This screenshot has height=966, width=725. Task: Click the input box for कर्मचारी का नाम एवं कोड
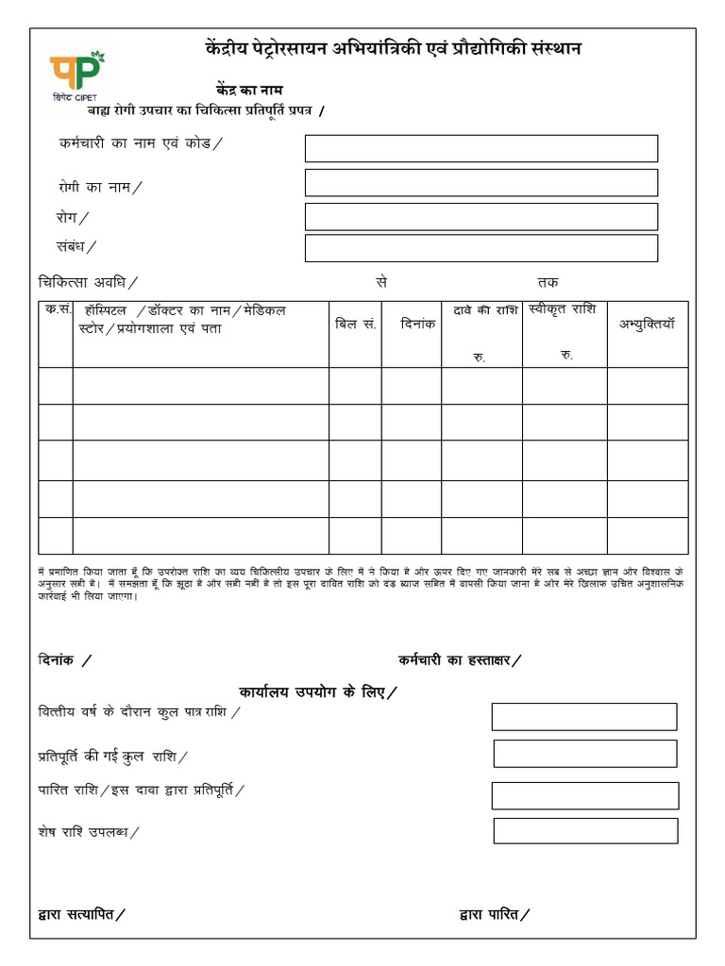pos(481,148)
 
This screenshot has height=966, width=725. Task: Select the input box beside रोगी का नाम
pos(481,182)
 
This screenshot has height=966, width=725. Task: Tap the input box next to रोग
pos(481,216)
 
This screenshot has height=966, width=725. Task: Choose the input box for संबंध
pos(481,248)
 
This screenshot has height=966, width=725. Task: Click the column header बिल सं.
pos(355,324)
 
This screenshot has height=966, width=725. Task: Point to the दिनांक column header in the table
pos(411,324)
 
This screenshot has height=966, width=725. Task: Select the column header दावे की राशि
pos(481,310)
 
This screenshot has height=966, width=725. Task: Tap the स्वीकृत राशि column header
pos(564,309)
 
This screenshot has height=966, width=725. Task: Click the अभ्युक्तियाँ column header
pos(647,324)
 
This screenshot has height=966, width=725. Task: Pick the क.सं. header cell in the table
pos(56,310)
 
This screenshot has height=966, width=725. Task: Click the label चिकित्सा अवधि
pos(86,281)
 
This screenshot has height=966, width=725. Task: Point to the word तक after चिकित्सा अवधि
pos(547,281)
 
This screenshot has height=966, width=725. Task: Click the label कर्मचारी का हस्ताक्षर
pos(459,660)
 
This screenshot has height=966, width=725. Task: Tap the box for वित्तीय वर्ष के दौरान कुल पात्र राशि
pos(583,717)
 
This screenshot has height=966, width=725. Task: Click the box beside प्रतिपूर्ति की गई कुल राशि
pos(584,754)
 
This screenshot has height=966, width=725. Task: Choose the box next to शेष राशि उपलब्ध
pos(585,831)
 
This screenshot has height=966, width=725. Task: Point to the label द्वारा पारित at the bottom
pos(493,913)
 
